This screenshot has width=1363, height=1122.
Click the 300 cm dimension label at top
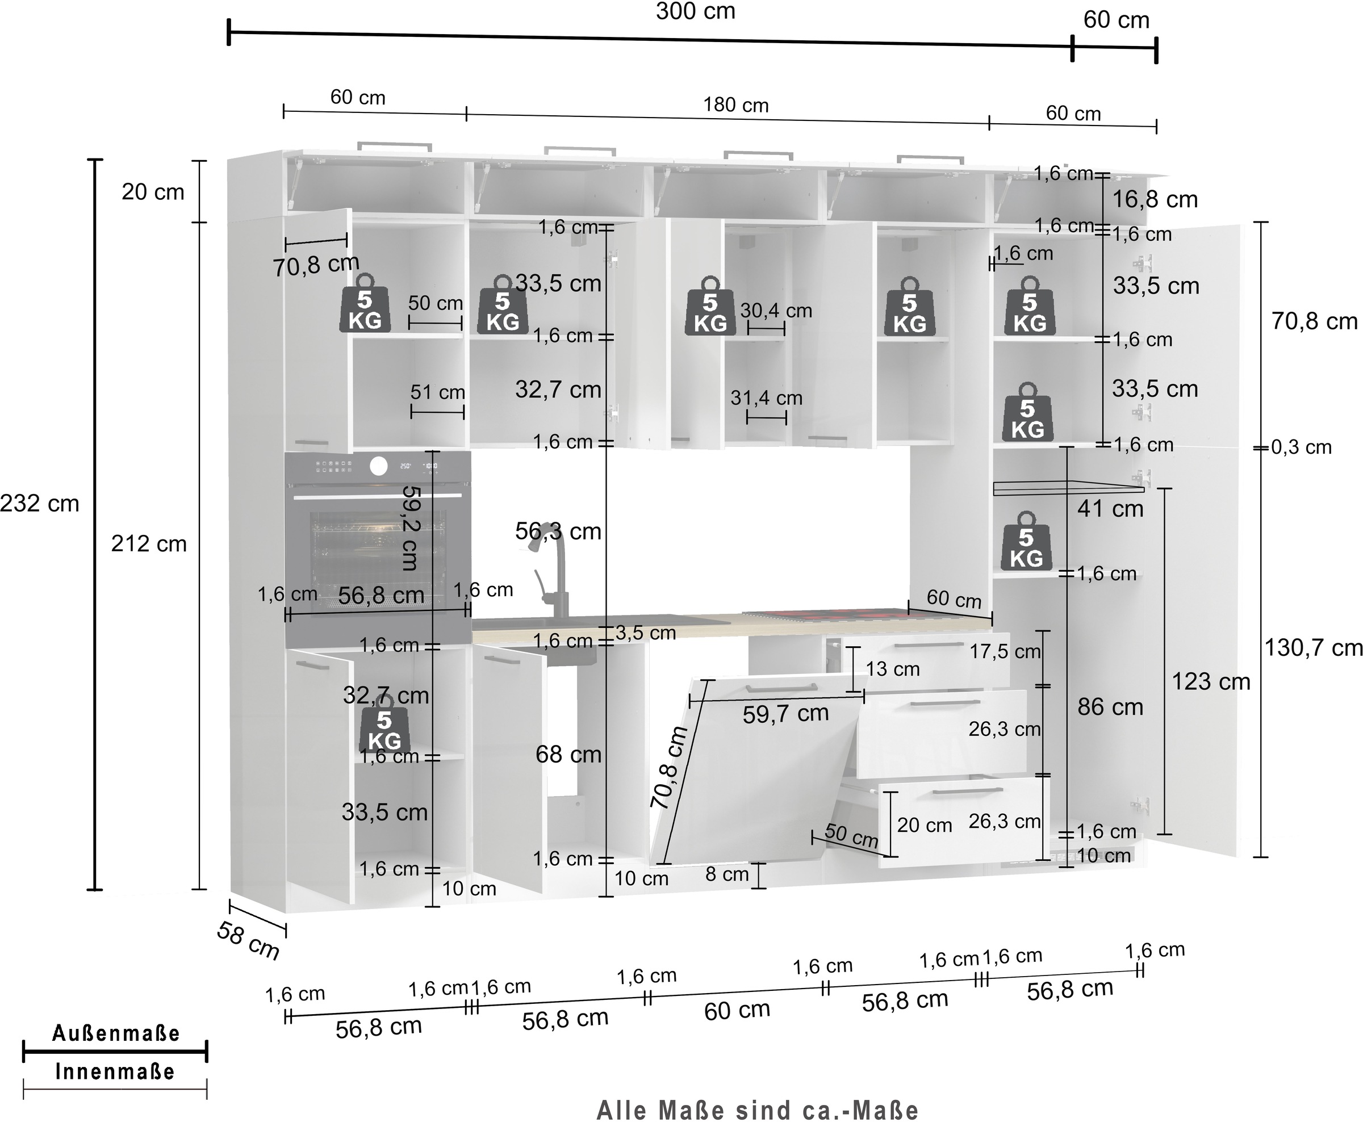[695, 11]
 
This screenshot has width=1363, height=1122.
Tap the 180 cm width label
[735, 106]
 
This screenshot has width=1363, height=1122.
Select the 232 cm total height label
[39, 504]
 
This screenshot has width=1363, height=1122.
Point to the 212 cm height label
[149, 544]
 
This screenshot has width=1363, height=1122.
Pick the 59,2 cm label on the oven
[411, 527]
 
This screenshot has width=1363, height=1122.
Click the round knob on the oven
[379, 467]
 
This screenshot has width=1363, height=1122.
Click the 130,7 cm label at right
[1313, 648]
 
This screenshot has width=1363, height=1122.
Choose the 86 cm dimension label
[1110, 707]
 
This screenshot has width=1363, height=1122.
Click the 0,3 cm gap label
[1302, 447]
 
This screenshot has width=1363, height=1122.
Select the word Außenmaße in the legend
[116, 1033]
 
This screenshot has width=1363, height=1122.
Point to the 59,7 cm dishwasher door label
[785, 714]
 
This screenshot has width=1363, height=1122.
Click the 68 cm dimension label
[568, 754]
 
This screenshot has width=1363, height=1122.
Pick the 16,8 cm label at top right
[1155, 200]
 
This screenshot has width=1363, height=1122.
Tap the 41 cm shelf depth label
[1110, 509]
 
